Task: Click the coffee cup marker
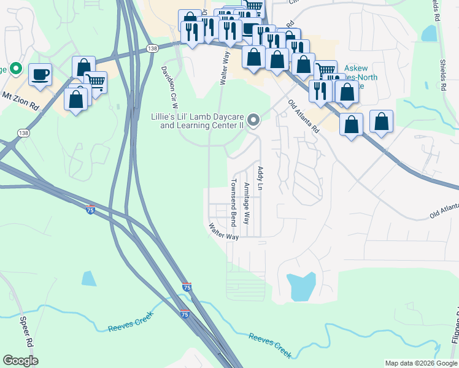tap(40, 75)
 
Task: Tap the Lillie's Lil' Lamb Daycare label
tap(202, 121)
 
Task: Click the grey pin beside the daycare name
tap(253, 121)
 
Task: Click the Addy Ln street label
tap(260, 178)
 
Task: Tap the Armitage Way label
tap(246, 202)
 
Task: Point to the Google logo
tap(20, 361)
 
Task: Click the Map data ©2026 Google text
tap(420, 363)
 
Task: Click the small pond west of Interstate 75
tap(89, 278)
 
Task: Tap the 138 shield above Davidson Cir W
tap(152, 48)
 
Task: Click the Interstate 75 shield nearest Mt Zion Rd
tap(90, 209)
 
